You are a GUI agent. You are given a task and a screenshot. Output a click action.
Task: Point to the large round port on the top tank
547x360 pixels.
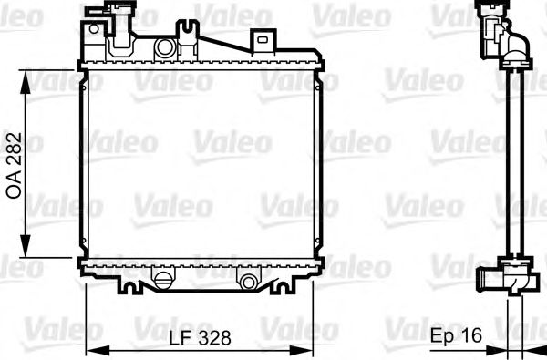click(164, 47)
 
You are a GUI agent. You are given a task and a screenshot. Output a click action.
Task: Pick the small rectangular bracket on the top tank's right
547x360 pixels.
click(263, 39)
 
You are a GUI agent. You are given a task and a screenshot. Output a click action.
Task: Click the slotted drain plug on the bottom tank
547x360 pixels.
click(162, 278)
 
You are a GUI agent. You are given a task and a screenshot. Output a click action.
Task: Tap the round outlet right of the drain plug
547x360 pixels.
click(247, 278)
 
